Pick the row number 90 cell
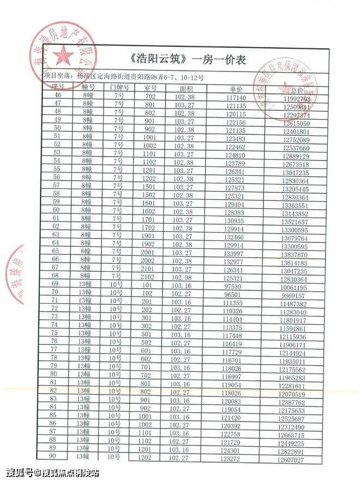pos(54,456)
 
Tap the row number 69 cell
pos(55,284)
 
